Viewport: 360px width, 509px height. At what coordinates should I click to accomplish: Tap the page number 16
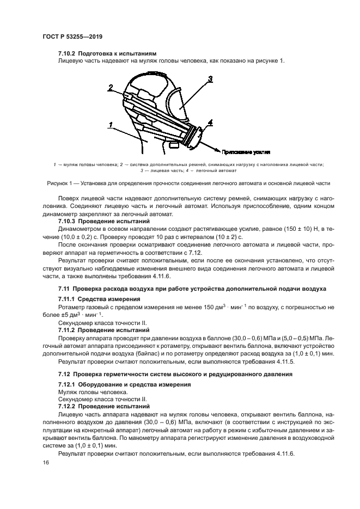coord(45,462)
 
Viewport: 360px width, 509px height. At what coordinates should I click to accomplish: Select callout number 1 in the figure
coord(110,125)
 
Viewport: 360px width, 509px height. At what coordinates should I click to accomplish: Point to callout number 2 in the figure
coord(111,87)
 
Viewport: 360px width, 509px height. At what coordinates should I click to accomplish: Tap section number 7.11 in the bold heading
coord(64,287)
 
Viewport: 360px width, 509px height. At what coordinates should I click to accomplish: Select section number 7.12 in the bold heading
coord(64,374)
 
